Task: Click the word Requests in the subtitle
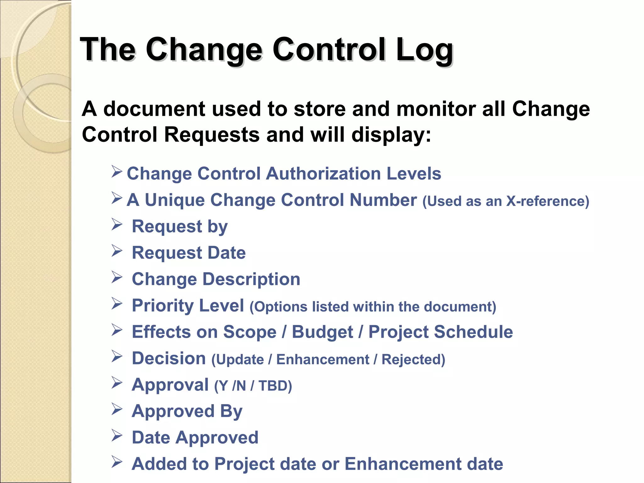tap(212, 135)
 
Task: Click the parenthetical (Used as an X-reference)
tap(506, 201)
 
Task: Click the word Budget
tap(322, 332)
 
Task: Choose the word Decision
tap(169, 358)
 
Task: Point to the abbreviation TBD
tap(272, 386)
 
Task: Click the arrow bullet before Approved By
tap(117, 409)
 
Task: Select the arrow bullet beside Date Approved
tap(117, 436)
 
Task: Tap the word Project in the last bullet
tap(244, 464)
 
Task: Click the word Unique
tap(175, 200)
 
